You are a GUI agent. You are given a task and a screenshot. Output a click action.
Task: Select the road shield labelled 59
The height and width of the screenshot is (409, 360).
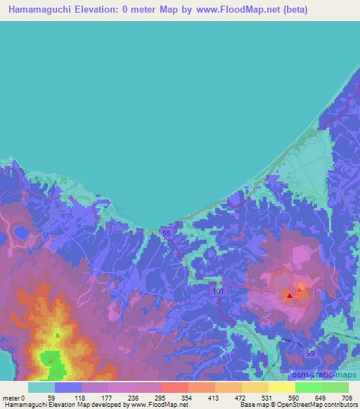[309, 353]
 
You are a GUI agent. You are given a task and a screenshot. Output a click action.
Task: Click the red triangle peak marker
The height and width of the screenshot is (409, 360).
[289, 296]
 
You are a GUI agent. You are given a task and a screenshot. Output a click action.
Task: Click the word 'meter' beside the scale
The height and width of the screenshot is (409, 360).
[10, 398]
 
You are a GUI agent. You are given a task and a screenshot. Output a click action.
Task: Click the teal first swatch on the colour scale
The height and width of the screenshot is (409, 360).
[41, 387]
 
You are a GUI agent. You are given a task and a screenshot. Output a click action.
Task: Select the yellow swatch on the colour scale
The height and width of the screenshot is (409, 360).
[282, 387]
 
